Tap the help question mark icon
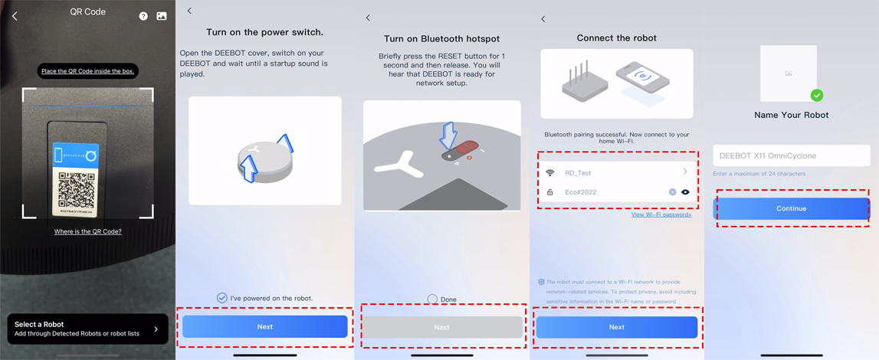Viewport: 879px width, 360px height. (143, 16)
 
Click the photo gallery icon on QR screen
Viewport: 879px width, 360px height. (162, 16)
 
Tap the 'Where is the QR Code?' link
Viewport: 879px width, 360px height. (88, 231)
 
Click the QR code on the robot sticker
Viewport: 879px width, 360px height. (76, 188)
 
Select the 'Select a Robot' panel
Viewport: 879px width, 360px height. (88, 329)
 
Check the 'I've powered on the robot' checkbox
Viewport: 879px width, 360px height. (222, 298)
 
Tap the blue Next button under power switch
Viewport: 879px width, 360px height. (264, 326)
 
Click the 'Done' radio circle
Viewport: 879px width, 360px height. (432, 299)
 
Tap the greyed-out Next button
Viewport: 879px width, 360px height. (442, 327)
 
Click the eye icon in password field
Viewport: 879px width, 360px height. (685, 192)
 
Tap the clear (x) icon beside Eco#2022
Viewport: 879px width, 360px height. (672, 192)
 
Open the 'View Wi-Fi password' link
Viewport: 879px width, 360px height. (661, 214)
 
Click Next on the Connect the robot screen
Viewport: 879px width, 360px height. (617, 327)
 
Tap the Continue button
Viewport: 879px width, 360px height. (792, 208)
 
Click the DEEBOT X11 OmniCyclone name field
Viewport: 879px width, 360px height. (792, 155)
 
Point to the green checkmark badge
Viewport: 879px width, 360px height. (818, 95)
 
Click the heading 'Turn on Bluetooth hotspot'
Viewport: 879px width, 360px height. (441, 38)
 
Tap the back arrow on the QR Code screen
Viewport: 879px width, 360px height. (15, 16)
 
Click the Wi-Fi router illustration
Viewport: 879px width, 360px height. (584, 83)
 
